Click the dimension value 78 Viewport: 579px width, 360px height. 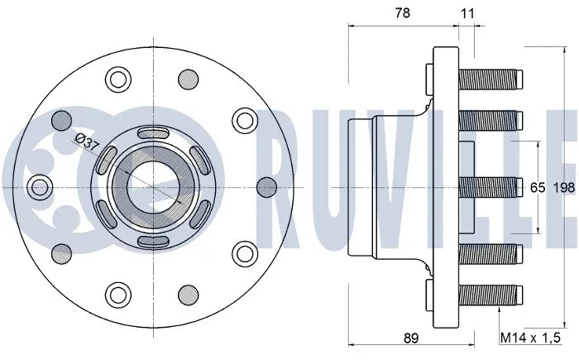[x=404, y=13]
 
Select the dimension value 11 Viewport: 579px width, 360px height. [x=468, y=13]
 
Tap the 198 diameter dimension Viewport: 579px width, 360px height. [x=564, y=188]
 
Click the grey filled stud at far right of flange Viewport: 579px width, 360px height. [x=266, y=186]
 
